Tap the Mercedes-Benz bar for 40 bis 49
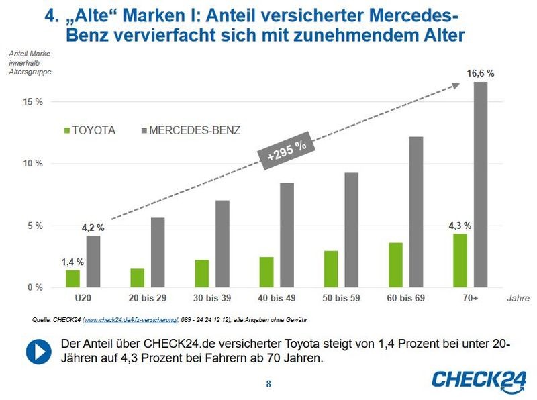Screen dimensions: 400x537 point(287,235)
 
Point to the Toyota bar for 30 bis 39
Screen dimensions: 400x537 point(202,274)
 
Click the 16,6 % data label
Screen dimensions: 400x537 point(481,73)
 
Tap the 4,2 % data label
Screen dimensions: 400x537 point(93,228)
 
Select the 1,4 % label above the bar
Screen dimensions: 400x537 point(72,262)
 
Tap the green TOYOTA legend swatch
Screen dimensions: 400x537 point(67,131)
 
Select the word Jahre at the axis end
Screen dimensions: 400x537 point(518,297)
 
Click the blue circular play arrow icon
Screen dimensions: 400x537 point(40,350)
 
